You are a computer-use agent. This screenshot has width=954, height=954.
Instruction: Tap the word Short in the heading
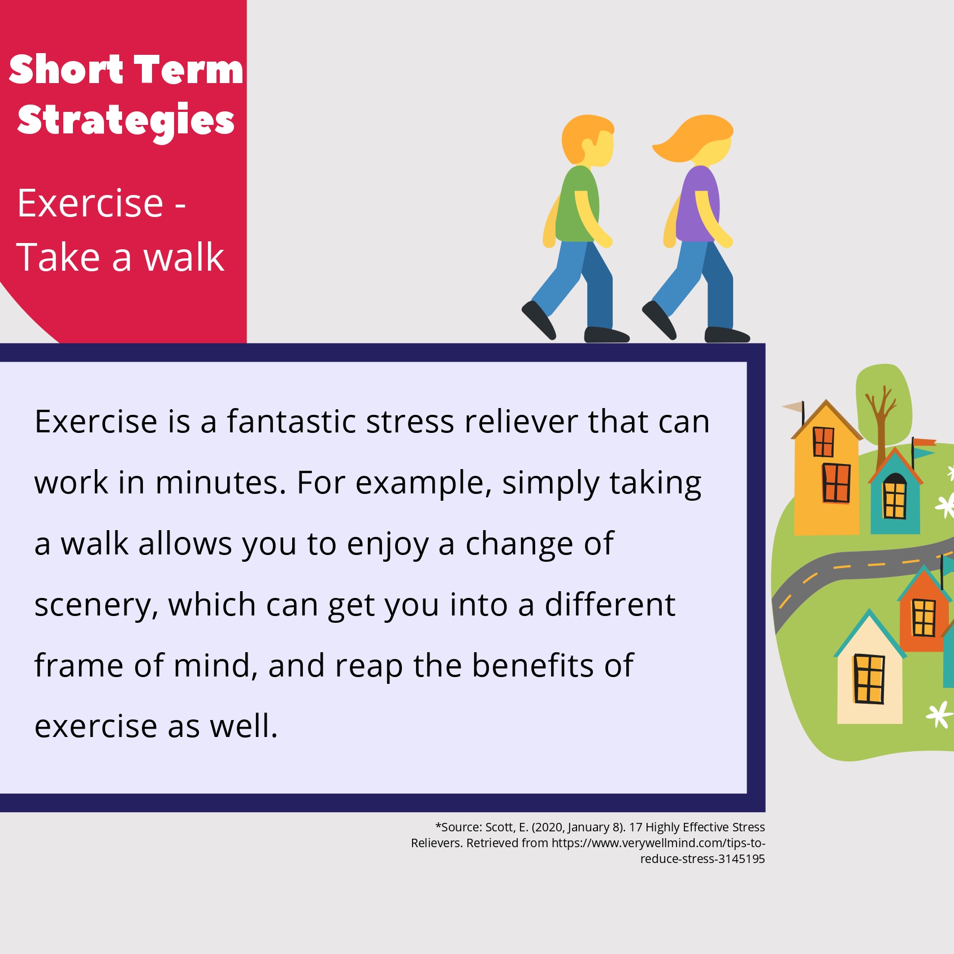[66, 70]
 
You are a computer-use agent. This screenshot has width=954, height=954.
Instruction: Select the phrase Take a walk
[120, 257]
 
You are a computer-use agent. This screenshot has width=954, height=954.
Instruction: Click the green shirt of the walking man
[577, 204]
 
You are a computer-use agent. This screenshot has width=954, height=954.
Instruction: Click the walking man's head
[588, 141]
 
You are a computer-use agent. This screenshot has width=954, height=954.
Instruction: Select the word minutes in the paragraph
[220, 483]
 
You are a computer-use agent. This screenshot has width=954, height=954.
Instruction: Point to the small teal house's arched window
[895, 495]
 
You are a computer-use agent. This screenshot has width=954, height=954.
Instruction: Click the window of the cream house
[869, 679]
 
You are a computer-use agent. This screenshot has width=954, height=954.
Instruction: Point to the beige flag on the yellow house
[792, 406]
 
